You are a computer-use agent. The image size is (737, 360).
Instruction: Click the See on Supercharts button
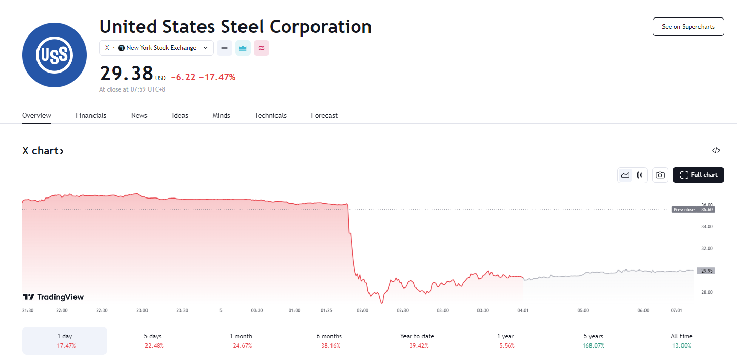coord(688,27)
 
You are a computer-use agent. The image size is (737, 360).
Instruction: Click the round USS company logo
coord(54,55)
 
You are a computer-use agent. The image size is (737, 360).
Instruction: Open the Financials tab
coord(91,115)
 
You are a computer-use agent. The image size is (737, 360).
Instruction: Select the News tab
coord(139,115)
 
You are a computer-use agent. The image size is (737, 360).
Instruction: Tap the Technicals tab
coord(270,115)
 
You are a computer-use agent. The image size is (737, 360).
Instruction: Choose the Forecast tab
coord(324,115)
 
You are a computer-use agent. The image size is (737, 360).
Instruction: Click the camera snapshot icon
coord(660,175)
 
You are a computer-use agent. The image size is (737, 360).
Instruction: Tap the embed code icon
coord(716,151)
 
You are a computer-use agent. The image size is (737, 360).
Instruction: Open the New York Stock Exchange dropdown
coord(156,48)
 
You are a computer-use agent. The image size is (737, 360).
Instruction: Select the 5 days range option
coord(153,340)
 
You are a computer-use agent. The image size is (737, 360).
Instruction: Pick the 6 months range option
coord(329,340)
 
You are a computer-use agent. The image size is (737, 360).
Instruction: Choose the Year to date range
coord(417,340)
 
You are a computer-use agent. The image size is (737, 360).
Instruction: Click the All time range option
coord(681,340)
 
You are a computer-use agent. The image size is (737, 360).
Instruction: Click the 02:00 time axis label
coord(363,311)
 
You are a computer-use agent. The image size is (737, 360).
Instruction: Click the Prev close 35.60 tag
coord(693,210)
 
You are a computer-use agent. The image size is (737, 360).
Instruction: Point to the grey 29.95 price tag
coord(706,271)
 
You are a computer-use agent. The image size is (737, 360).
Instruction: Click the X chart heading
coord(43,151)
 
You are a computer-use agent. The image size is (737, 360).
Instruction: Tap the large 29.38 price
coord(126,74)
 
